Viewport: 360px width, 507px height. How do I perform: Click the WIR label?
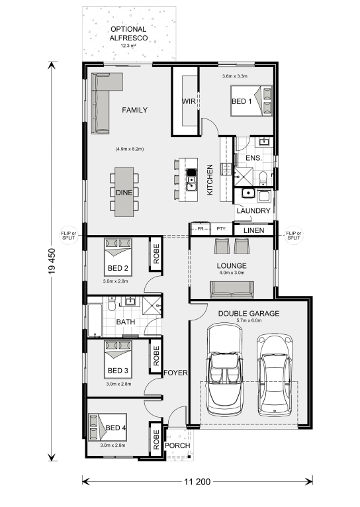tap(189, 101)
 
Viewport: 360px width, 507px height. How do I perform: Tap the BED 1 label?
tap(242, 101)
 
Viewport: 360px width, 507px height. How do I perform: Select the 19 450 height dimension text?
tap(52, 261)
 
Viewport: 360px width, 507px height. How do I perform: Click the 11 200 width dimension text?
tap(197, 482)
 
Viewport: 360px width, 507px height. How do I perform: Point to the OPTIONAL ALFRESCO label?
tap(128, 33)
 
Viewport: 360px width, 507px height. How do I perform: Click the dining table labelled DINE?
tap(124, 192)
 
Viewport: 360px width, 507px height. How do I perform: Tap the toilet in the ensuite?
tap(263, 178)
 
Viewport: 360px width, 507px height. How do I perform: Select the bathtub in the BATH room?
tap(95, 320)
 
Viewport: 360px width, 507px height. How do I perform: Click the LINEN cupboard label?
tap(253, 230)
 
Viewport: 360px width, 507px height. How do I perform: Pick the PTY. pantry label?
tap(222, 228)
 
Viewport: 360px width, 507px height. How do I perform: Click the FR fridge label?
tap(201, 229)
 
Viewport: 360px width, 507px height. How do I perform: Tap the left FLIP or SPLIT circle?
tap(69, 235)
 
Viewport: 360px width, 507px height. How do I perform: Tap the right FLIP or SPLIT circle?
tap(293, 235)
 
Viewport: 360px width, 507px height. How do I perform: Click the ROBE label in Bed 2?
tap(156, 253)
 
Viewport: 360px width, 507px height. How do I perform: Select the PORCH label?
tap(177, 445)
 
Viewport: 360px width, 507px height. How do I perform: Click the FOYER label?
tap(175, 373)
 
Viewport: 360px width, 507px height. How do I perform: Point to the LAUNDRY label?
tap(253, 211)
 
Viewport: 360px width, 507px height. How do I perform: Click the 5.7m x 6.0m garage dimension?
tap(249, 320)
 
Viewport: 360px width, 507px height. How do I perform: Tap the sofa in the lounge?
tap(232, 290)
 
